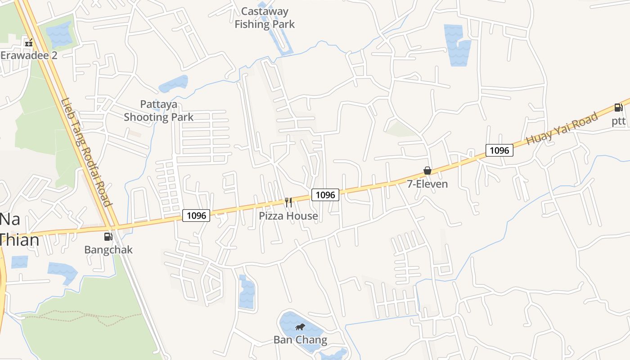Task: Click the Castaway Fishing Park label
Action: pos(265,18)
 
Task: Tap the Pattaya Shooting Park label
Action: pos(158,111)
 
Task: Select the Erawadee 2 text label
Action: pos(29,55)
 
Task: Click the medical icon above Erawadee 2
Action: pos(29,44)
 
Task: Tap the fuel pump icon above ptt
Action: pos(619,108)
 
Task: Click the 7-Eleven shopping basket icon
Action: pos(427,171)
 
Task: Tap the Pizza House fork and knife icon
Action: pos(288,202)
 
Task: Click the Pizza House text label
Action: pos(288,216)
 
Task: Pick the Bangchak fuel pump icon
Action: pos(108,236)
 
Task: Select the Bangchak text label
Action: pos(108,250)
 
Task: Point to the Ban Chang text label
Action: pos(300,340)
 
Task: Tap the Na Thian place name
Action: pos(18,229)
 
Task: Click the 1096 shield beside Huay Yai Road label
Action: pos(499,150)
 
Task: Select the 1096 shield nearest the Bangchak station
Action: pos(197,216)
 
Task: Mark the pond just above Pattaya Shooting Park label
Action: pos(173,84)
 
